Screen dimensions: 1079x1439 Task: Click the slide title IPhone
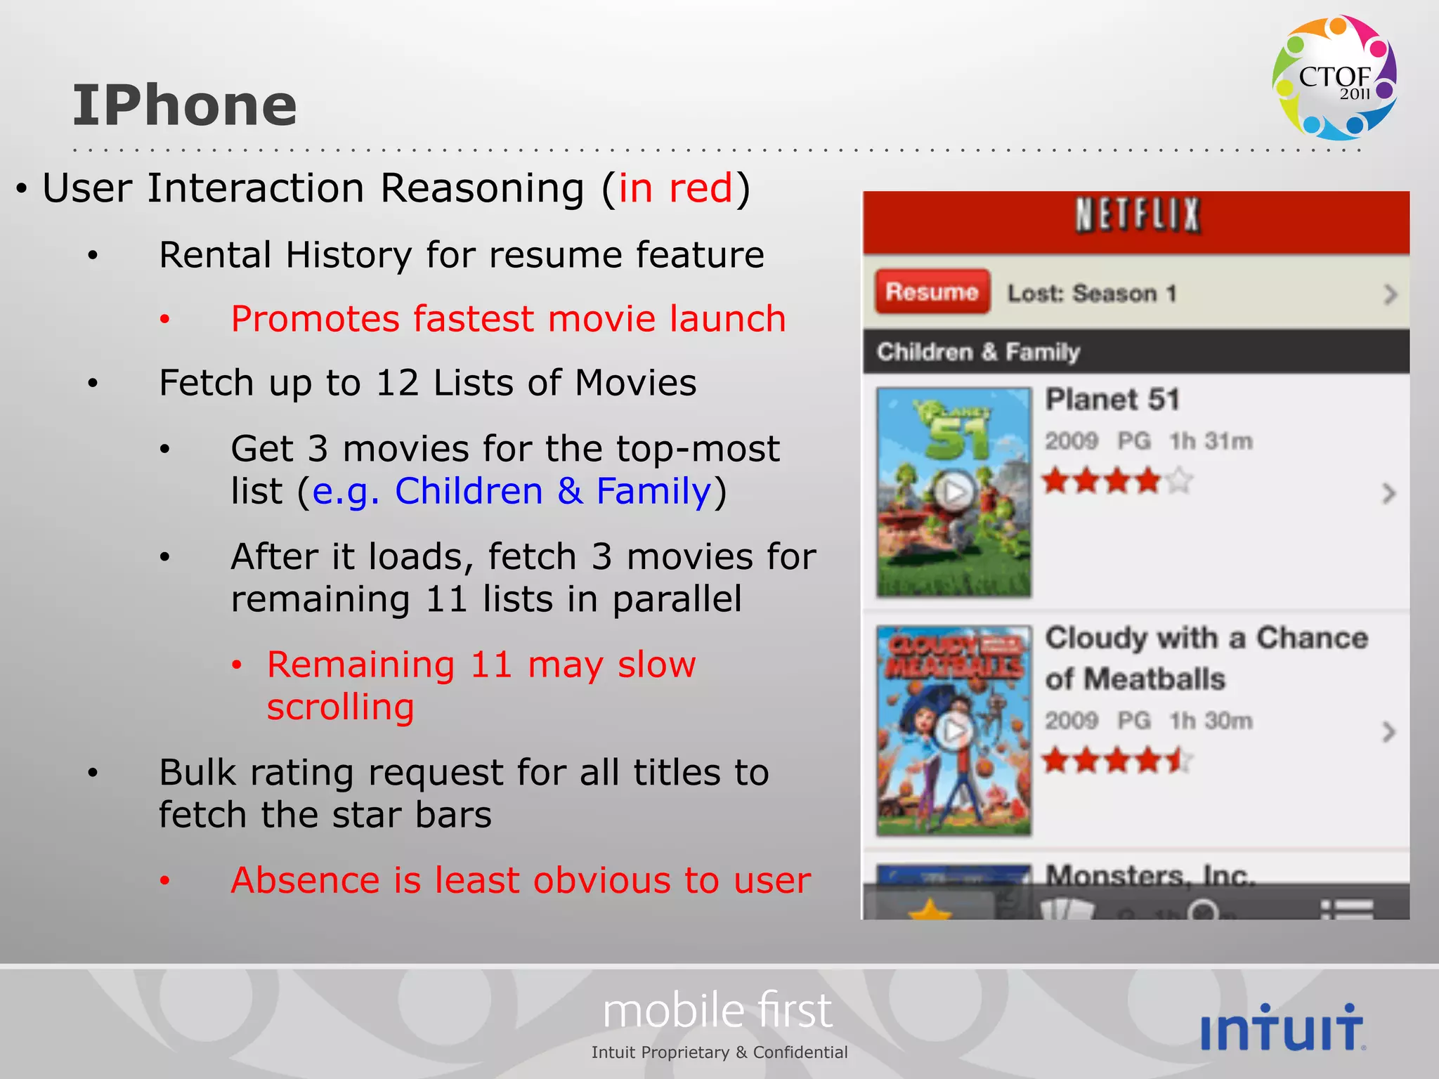tap(185, 105)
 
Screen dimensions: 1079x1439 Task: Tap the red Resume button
tap(932, 292)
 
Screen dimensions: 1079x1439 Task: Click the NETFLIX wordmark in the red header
tap(1137, 215)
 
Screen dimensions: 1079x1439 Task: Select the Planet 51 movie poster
tap(953, 492)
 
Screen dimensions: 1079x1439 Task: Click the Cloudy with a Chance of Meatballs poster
tap(953, 731)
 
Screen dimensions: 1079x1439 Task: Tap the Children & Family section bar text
tap(978, 351)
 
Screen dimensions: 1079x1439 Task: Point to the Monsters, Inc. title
tap(1150, 875)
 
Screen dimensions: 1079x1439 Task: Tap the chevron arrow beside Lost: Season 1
tap(1389, 294)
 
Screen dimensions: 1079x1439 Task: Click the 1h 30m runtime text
tap(1211, 721)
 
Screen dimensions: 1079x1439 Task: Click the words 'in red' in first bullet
tap(675, 188)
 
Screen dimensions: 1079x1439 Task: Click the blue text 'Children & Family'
tap(553, 491)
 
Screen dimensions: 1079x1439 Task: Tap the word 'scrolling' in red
tap(340, 707)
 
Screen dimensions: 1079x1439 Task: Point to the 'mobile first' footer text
tap(717, 1011)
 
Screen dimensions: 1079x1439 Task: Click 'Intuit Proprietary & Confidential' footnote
tap(719, 1052)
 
